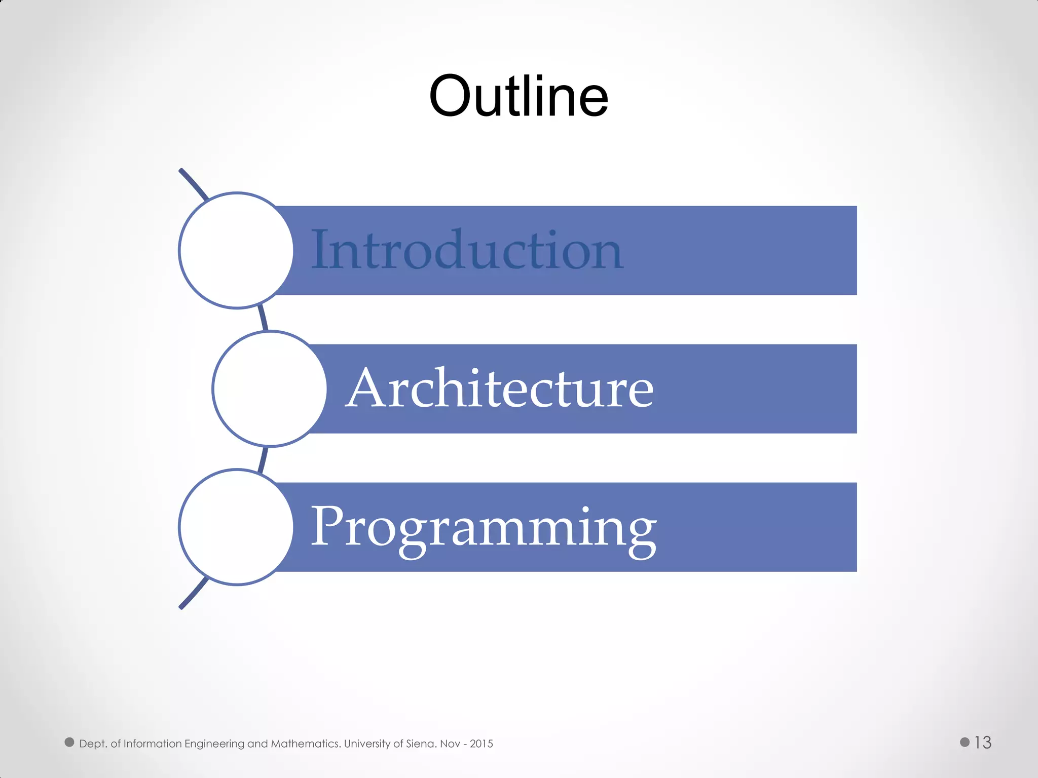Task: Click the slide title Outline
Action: coord(518,96)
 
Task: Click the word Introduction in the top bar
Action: coord(466,250)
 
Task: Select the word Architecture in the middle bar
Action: coord(500,388)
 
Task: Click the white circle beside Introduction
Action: coord(236,250)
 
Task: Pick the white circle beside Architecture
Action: coord(270,388)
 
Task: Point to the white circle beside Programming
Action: coord(236,527)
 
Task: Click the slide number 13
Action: coord(983,743)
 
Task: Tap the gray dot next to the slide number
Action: coord(965,742)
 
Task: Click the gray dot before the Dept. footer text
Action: coord(69,742)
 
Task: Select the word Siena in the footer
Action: coord(421,744)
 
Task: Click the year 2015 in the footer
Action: coord(481,744)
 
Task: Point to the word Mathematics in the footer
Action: coord(306,744)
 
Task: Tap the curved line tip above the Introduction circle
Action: coord(183,173)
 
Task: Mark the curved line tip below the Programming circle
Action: coord(183,604)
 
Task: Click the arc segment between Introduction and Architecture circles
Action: coord(263,318)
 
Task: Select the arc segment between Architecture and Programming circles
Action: coord(263,459)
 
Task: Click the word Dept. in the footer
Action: coord(93,744)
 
